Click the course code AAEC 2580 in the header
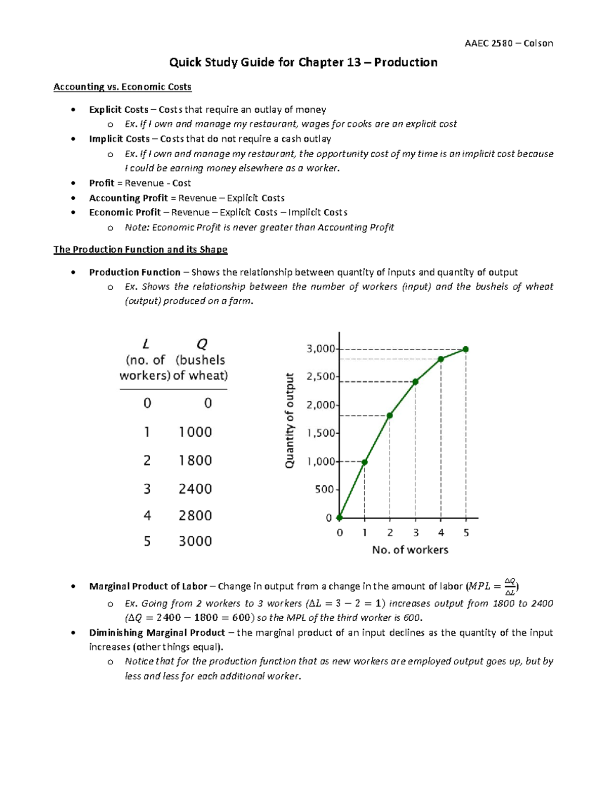pyautogui.click(x=488, y=43)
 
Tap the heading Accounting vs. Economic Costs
pyautogui.click(x=122, y=87)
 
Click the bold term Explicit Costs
pyautogui.click(x=118, y=110)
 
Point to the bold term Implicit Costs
pyautogui.click(x=119, y=139)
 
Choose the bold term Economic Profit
pyautogui.click(x=124, y=212)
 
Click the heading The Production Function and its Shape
pyautogui.click(x=140, y=249)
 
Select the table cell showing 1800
pyautogui.click(x=195, y=460)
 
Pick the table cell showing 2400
pyautogui.click(x=195, y=489)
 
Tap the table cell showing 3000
pyautogui.click(x=195, y=541)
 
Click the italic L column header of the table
pyautogui.click(x=146, y=345)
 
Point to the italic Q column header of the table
pyautogui.click(x=201, y=345)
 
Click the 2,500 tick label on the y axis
pyautogui.click(x=321, y=377)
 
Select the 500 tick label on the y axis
pyautogui.click(x=324, y=489)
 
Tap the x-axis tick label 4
pyautogui.click(x=441, y=533)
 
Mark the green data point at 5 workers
pyautogui.click(x=466, y=349)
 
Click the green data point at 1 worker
pyautogui.click(x=365, y=462)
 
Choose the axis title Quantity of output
pyautogui.click(x=290, y=421)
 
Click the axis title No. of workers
pyautogui.click(x=410, y=550)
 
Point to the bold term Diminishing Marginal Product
pyautogui.click(x=157, y=633)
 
